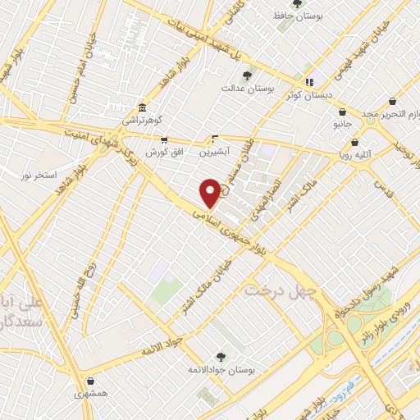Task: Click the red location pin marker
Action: click(210, 192)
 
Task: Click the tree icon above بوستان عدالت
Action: click(247, 75)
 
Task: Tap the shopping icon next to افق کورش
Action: click(164, 140)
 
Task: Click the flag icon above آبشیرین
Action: click(215, 138)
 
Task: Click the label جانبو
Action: click(342, 125)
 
